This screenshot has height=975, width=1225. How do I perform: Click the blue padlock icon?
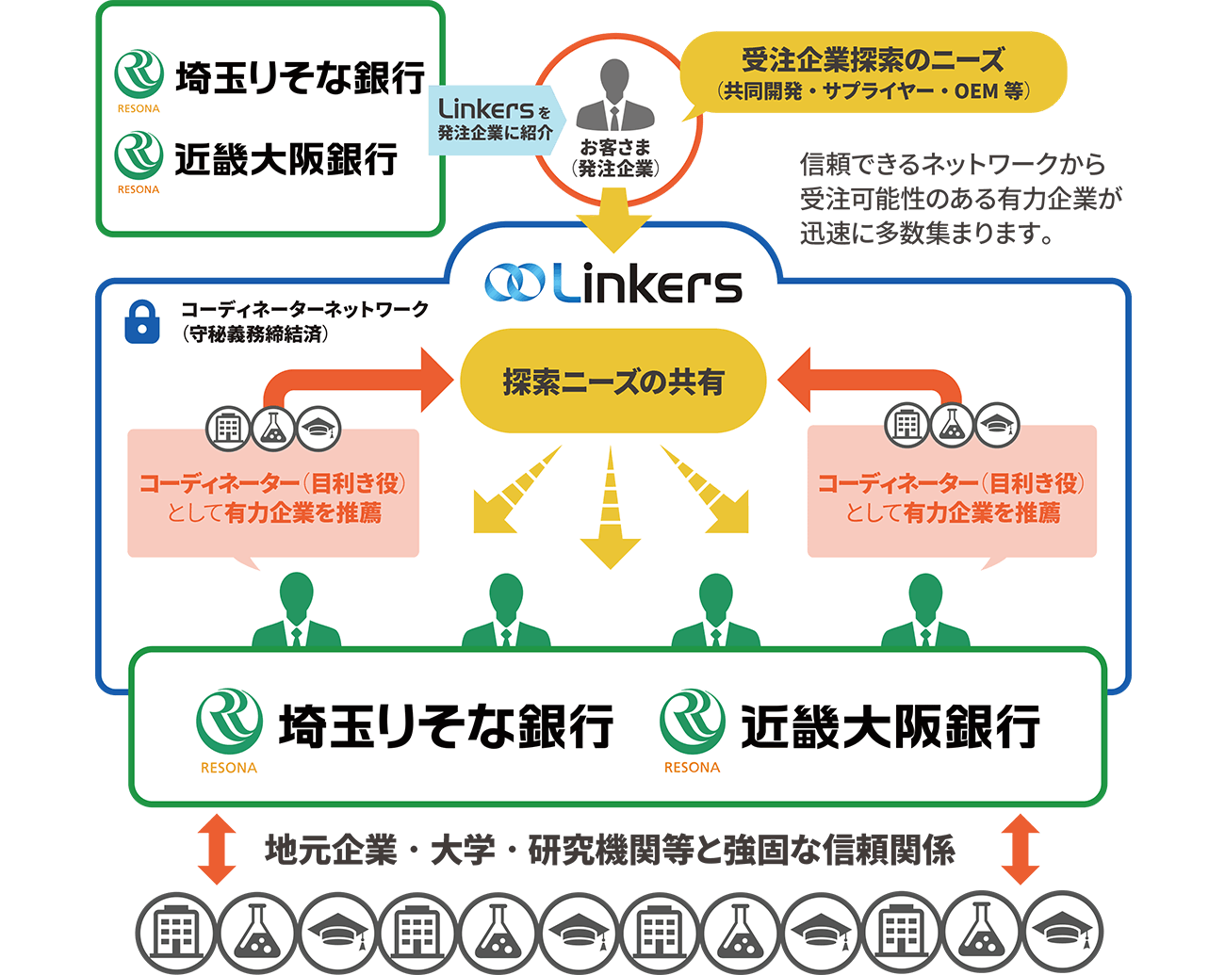(142, 321)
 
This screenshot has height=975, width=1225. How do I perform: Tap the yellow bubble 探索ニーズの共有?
(613, 382)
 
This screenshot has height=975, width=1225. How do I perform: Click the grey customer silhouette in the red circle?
(614, 96)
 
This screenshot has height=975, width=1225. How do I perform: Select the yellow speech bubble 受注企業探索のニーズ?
(873, 73)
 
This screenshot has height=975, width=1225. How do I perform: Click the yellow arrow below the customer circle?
(613, 219)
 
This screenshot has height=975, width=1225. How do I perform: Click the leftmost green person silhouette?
(297, 612)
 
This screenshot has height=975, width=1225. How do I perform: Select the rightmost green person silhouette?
(925, 612)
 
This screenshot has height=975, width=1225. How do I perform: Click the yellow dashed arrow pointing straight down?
(611, 513)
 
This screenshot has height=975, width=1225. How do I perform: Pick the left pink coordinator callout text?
(273, 497)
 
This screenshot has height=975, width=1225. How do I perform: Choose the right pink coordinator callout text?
(952, 497)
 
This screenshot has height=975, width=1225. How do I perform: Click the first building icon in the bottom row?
(176, 934)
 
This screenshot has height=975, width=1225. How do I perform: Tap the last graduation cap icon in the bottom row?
(1062, 934)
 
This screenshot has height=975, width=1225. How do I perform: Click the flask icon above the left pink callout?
(273, 429)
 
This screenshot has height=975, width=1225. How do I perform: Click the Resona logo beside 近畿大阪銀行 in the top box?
(139, 157)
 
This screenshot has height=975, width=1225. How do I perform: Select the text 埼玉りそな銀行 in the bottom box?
(447, 726)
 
